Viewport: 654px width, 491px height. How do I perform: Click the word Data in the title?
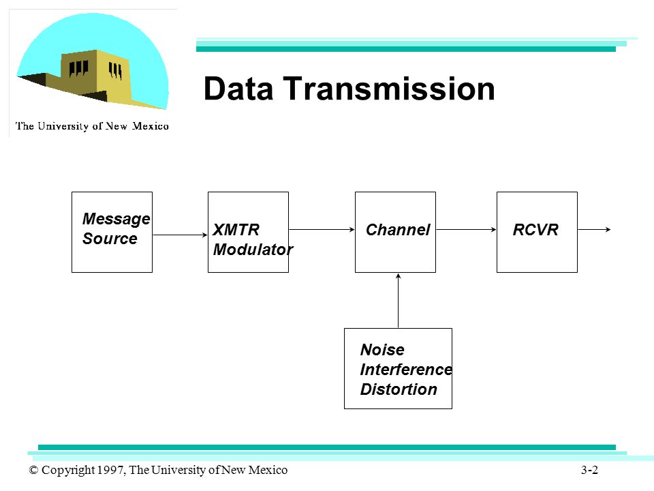pos(238,89)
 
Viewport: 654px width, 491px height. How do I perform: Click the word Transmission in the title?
pos(389,89)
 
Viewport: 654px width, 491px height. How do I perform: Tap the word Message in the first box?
pos(116,219)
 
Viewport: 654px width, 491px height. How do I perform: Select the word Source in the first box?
pos(110,239)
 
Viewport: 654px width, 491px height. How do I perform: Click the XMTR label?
pos(236,230)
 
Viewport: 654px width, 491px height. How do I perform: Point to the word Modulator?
pos(253,250)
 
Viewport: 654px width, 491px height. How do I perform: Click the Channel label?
pos(397,230)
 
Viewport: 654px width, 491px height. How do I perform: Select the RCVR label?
pos(535,230)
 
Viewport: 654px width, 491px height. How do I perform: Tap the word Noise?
pos(382,349)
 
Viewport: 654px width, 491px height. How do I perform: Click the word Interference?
pos(406,370)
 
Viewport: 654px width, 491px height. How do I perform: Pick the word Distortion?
pos(399,389)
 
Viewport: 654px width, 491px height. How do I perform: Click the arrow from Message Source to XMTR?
pos(180,235)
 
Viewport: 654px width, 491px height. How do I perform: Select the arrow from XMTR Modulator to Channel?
pos(322,229)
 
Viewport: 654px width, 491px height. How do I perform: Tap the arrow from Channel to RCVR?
pos(466,229)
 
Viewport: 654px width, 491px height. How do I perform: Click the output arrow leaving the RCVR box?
pos(594,229)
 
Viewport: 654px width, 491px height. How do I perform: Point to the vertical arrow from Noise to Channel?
pos(399,301)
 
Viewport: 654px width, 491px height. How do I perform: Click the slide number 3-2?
pos(590,470)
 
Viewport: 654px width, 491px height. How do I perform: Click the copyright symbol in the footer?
pos(33,470)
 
